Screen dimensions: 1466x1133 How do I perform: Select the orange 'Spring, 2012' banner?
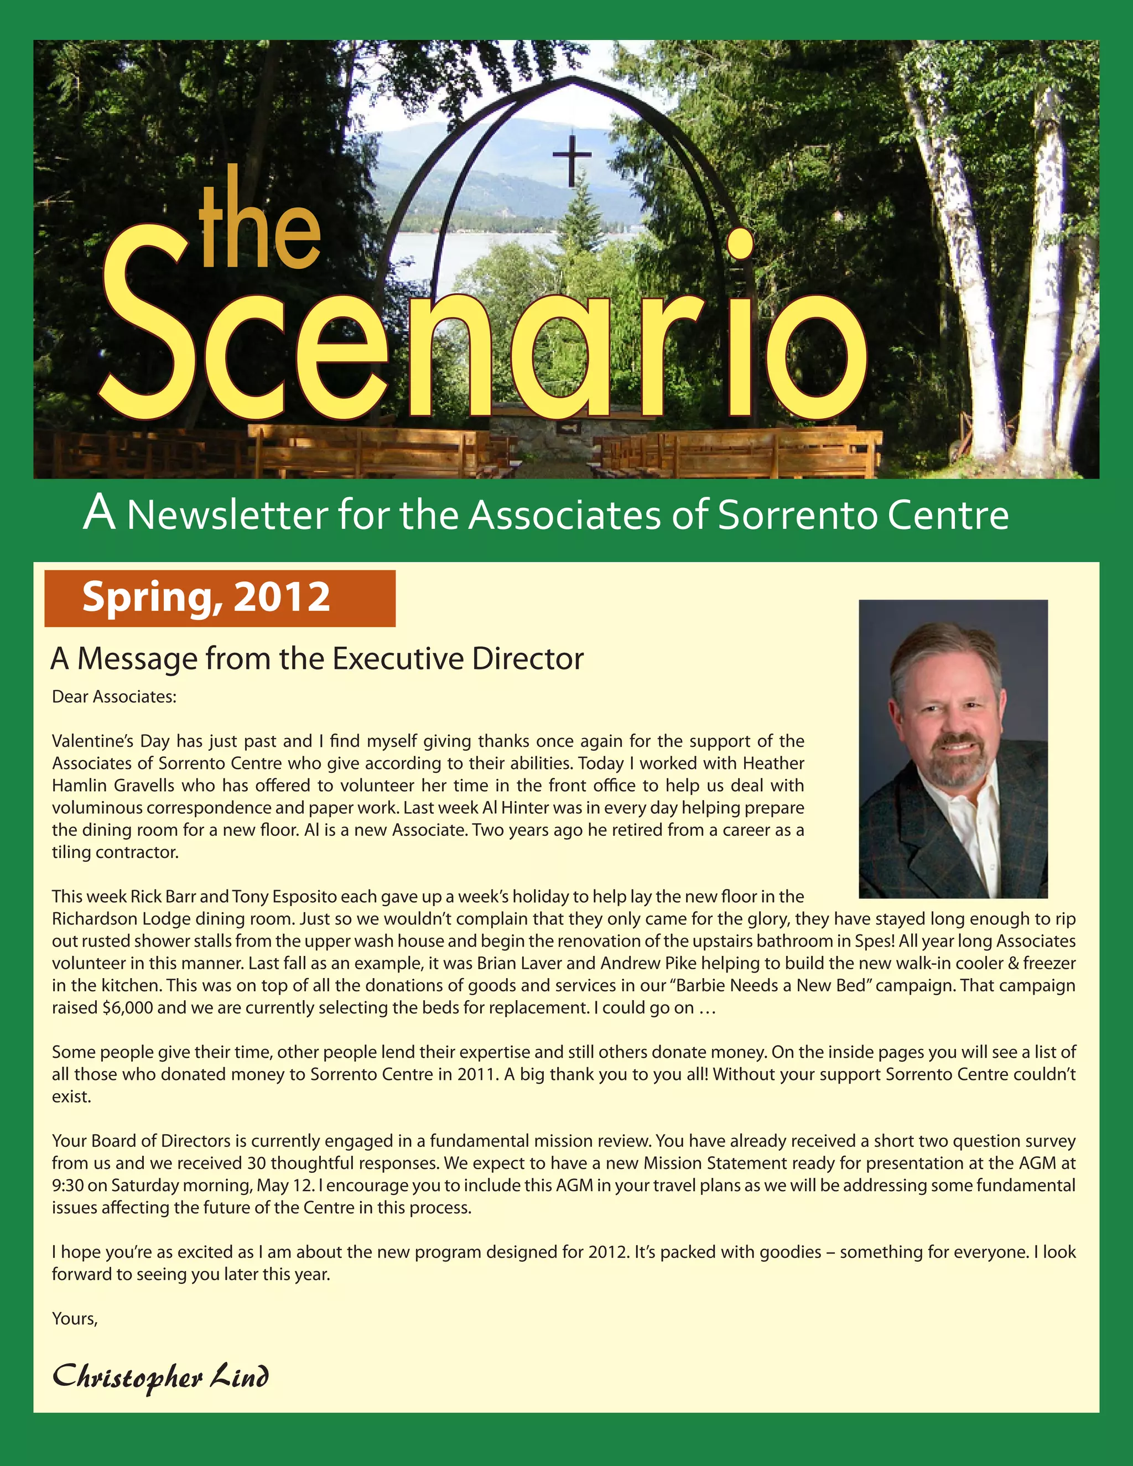point(220,598)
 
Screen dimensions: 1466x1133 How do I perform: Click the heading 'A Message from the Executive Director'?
point(317,658)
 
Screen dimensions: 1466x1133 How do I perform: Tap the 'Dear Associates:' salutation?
point(114,696)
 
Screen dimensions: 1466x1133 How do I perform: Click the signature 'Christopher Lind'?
point(160,1377)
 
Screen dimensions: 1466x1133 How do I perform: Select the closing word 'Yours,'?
point(75,1319)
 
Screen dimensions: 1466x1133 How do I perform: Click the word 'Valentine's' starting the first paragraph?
point(87,741)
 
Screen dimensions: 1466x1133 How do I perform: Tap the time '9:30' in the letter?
point(67,1186)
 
